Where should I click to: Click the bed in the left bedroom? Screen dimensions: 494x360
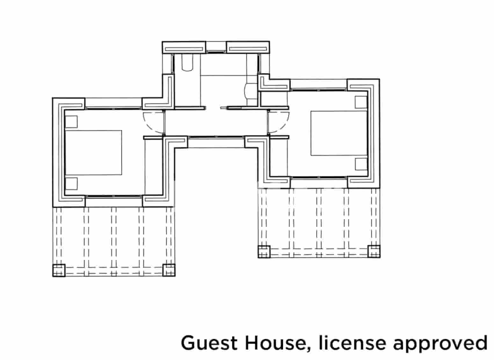click(x=93, y=153)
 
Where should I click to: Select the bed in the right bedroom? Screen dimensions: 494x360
click(x=339, y=133)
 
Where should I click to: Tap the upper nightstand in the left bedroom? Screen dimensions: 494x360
click(x=71, y=122)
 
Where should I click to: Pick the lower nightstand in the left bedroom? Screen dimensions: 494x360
click(x=71, y=184)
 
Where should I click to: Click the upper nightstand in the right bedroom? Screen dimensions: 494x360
click(x=361, y=102)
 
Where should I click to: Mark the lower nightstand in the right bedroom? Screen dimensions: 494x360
click(x=361, y=164)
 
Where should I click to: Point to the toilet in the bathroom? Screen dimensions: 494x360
click(x=187, y=63)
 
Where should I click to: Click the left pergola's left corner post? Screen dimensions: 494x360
click(x=59, y=270)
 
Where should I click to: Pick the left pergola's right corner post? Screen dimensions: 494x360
click(x=169, y=270)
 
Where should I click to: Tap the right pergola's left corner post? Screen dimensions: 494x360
click(x=264, y=252)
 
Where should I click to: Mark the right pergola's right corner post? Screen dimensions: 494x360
click(x=374, y=252)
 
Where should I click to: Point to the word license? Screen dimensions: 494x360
click(x=352, y=343)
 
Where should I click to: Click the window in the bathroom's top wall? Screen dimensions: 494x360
click(x=216, y=52)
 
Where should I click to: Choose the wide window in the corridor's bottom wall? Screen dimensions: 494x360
click(x=216, y=137)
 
